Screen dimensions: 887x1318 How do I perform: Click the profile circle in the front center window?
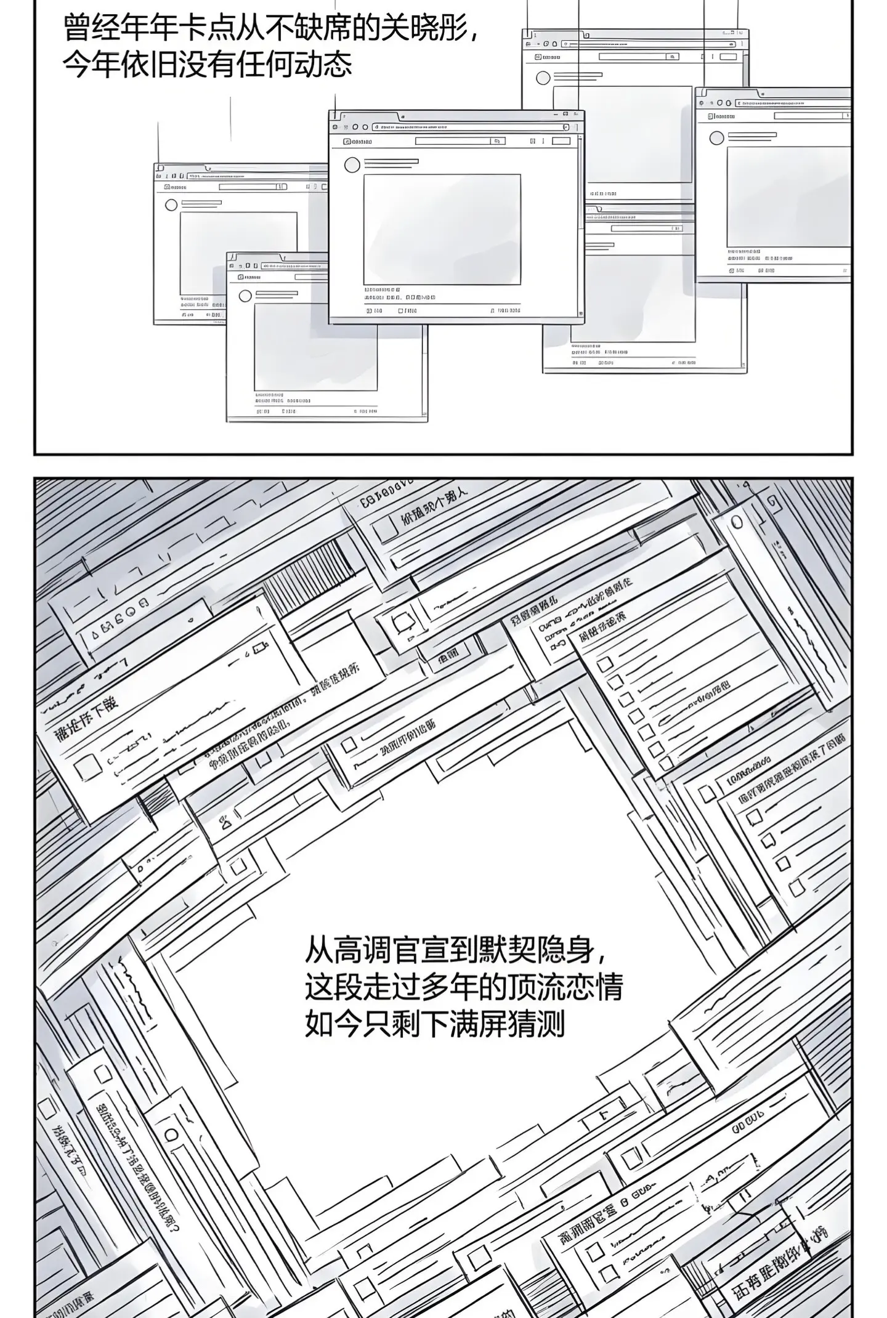click(352, 165)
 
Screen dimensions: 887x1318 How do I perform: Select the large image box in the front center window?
click(442, 229)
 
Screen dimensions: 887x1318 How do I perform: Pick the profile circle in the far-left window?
click(171, 204)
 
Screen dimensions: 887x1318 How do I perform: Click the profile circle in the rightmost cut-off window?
click(716, 138)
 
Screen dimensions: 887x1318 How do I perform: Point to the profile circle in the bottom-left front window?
click(245, 296)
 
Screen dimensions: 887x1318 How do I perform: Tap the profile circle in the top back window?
click(543, 78)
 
